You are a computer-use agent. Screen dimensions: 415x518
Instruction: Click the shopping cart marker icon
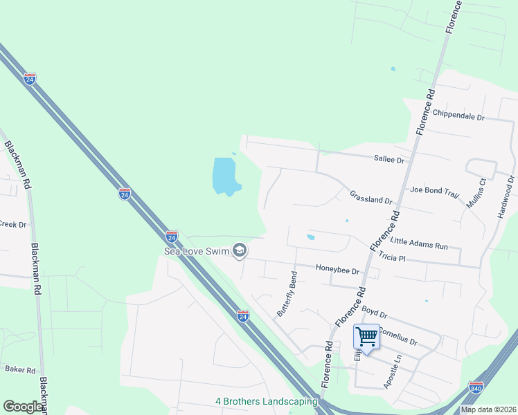pos(366,338)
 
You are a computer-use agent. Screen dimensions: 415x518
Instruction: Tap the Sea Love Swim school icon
pos(240,250)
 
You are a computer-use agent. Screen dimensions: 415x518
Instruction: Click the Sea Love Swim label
pos(196,250)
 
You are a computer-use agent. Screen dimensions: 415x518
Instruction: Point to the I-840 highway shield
pos(476,387)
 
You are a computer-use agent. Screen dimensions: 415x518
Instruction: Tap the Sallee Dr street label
pos(389,160)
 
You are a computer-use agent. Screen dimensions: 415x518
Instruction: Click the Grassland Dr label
pos(370,198)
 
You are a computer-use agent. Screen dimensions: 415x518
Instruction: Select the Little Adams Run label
pos(420,242)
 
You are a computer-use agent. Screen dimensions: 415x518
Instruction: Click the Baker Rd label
pos(20,370)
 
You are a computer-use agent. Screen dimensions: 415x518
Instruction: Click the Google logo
pos(23,407)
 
